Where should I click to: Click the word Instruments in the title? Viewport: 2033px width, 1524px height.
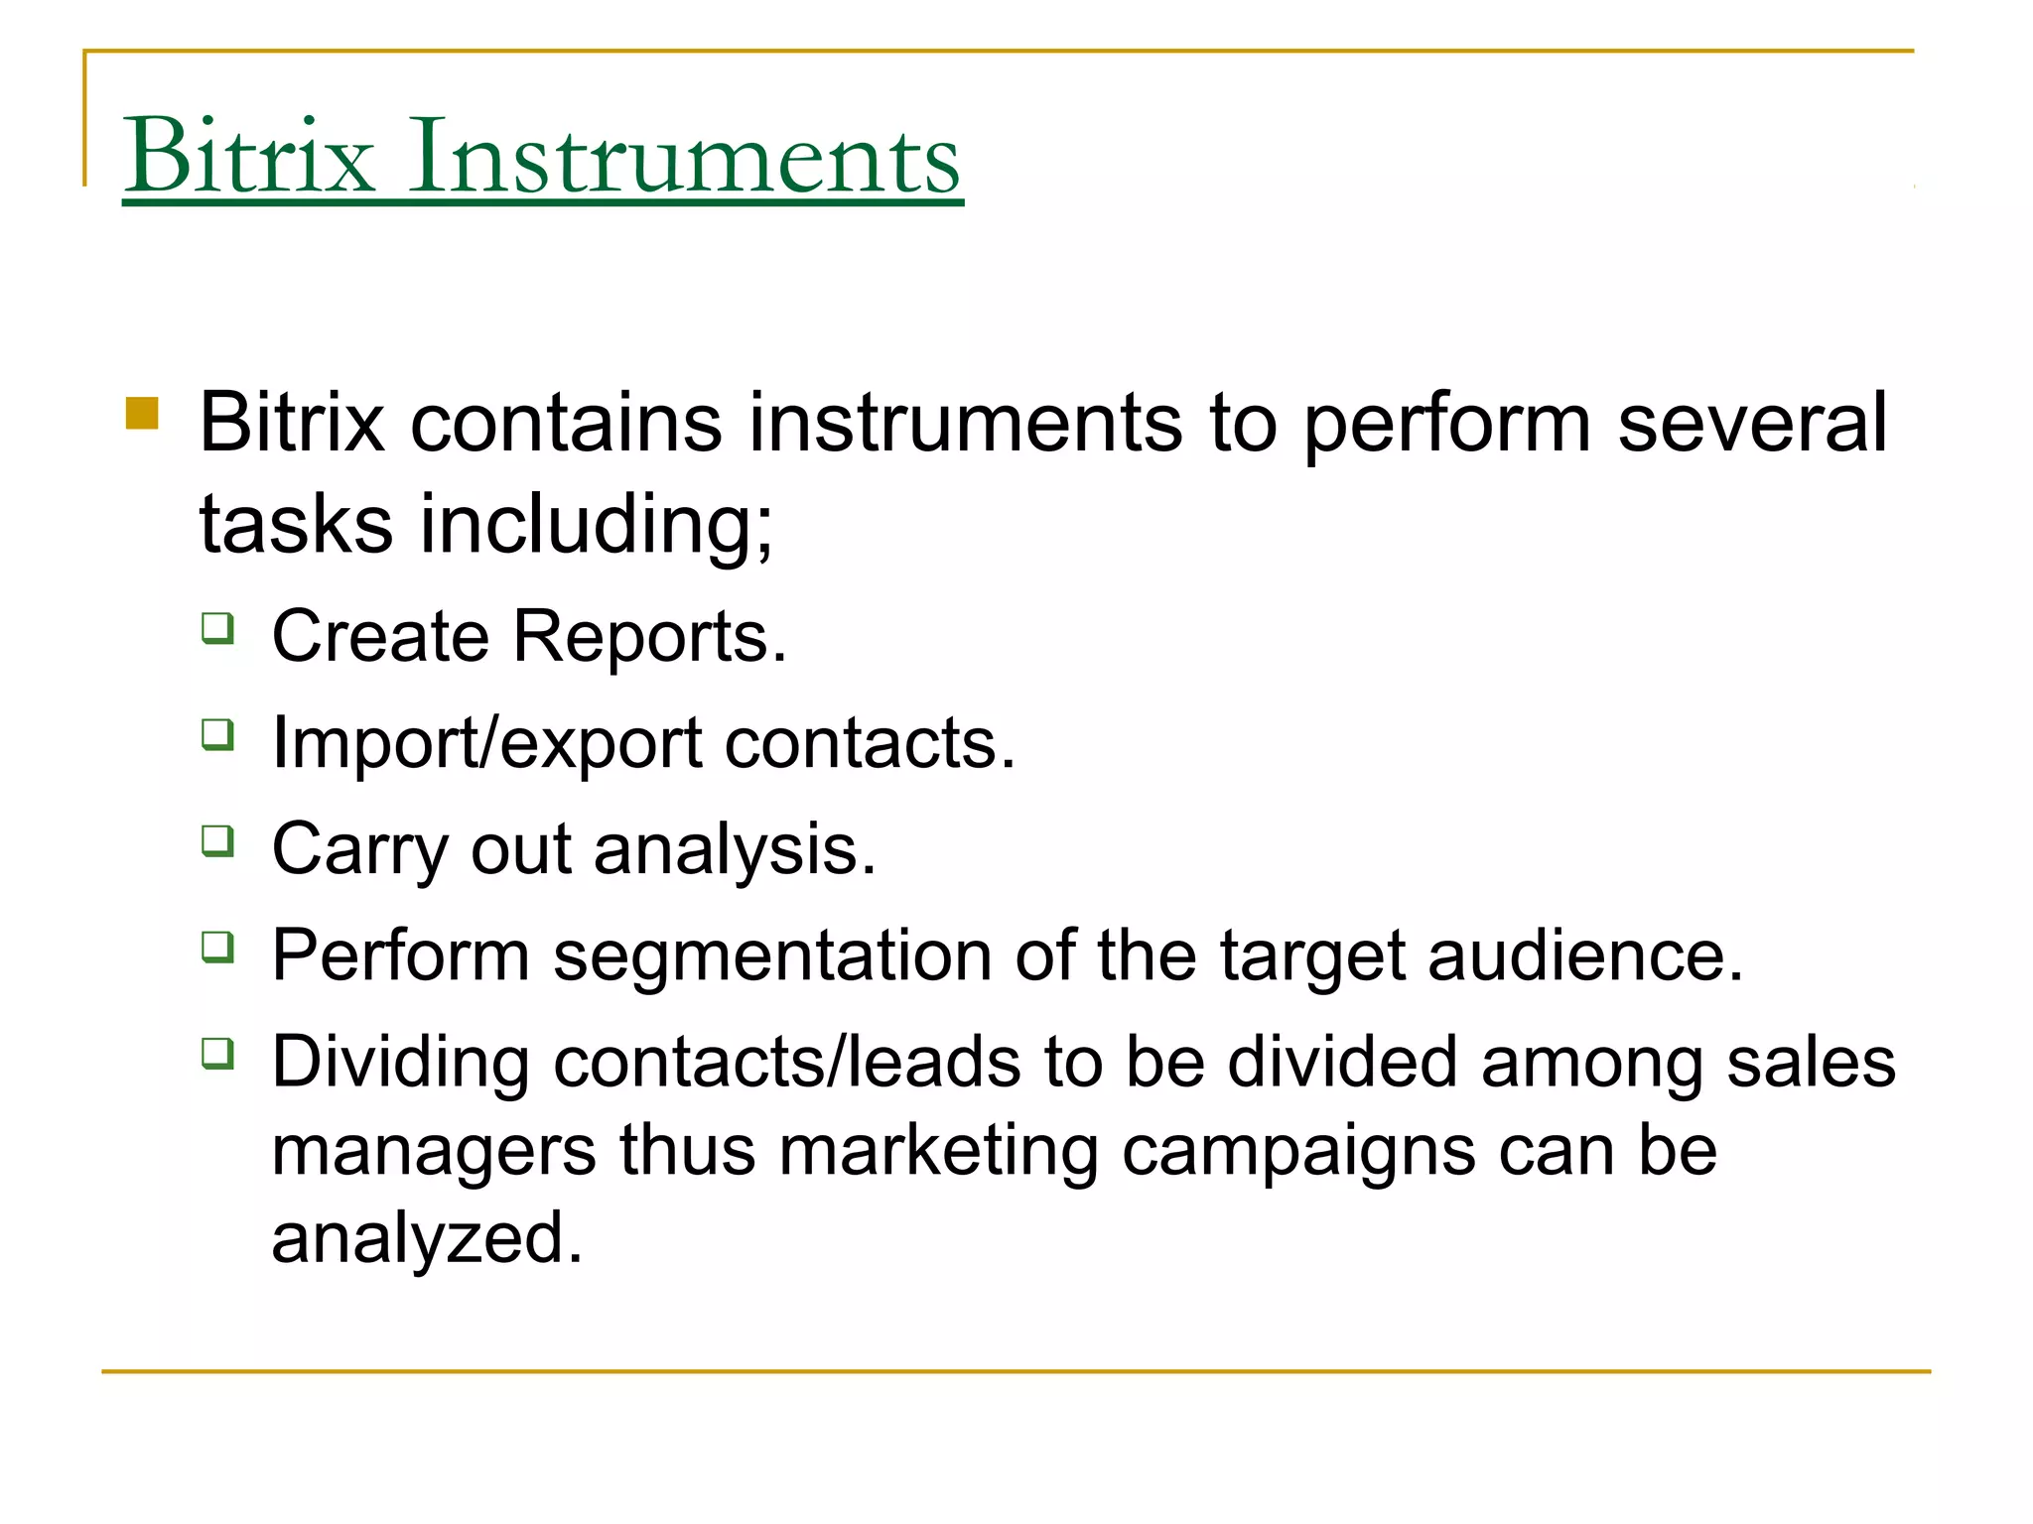[684, 156]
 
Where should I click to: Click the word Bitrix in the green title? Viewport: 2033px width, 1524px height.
[249, 156]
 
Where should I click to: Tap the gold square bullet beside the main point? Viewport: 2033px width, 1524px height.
[143, 414]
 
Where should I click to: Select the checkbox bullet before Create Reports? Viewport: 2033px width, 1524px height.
[218, 628]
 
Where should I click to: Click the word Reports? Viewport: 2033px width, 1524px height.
[649, 636]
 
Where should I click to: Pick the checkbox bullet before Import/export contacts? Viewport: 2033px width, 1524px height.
[218, 734]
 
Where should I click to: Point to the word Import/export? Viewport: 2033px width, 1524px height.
[487, 743]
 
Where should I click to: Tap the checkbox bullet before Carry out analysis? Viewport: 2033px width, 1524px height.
[218, 841]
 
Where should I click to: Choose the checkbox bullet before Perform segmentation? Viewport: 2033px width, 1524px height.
[218, 948]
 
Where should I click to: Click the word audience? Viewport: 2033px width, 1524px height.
[1584, 955]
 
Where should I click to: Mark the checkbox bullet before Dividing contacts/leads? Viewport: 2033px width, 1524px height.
[218, 1053]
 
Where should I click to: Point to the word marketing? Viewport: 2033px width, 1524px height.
[938, 1151]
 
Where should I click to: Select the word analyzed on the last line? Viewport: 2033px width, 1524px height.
[427, 1238]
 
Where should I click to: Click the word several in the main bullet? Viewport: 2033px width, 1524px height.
[1752, 423]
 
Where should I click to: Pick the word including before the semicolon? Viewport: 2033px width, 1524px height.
[596, 524]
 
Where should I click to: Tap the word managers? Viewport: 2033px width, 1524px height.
[434, 1151]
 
